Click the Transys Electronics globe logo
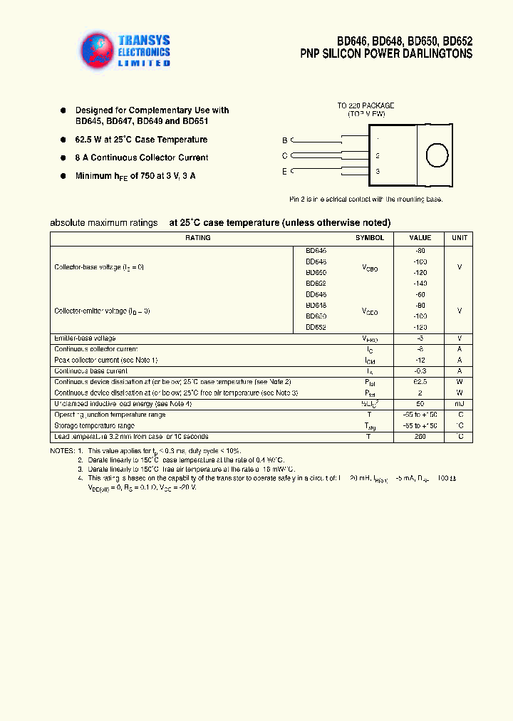point(99,51)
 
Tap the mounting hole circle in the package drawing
point(436,155)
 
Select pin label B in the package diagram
point(284,140)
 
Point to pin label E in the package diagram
point(284,171)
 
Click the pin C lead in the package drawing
point(328,155)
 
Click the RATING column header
point(197,238)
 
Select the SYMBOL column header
point(369,238)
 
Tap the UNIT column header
point(460,238)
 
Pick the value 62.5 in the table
point(420,382)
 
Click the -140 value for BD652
point(420,283)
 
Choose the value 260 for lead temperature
point(420,436)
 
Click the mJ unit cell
point(460,404)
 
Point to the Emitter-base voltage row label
point(85,338)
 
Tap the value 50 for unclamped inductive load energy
point(420,404)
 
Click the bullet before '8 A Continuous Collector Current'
point(63,157)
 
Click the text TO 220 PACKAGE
point(366,105)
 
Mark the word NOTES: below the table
point(62,451)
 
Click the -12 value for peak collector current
point(420,360)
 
